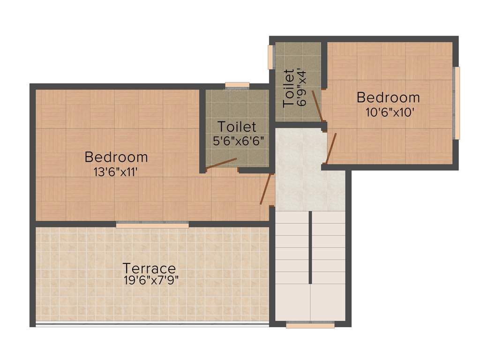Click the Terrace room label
click(149, 269)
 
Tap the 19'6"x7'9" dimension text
click(150, 280)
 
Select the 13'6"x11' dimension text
click(116, 172)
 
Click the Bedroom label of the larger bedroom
click(116, 157)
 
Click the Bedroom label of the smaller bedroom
click(388, 97)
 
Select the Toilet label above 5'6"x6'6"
click(237, 127)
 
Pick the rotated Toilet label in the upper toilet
click(288, 88)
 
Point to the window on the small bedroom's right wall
click(457, 103)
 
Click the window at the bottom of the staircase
click(310, 325)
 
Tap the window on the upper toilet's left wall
click(270, 57)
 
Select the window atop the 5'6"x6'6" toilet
click(237, 85)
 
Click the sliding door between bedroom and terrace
click(152, 225)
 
